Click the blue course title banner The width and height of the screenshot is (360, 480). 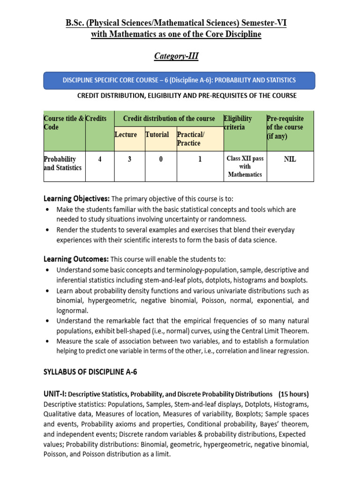180,80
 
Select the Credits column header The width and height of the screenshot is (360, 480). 96,119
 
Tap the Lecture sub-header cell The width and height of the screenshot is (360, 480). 126,135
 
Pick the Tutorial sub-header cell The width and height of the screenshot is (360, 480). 157,135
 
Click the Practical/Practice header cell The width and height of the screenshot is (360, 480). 188,139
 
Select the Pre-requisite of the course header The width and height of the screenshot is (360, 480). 285,127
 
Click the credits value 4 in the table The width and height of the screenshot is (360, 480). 99,159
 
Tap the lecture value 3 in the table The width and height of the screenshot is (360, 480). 129,159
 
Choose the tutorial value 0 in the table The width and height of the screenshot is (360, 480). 160,159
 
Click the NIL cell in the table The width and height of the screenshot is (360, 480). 290,159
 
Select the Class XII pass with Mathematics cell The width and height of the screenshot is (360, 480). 245,166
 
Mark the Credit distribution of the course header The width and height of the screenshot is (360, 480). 169,119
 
